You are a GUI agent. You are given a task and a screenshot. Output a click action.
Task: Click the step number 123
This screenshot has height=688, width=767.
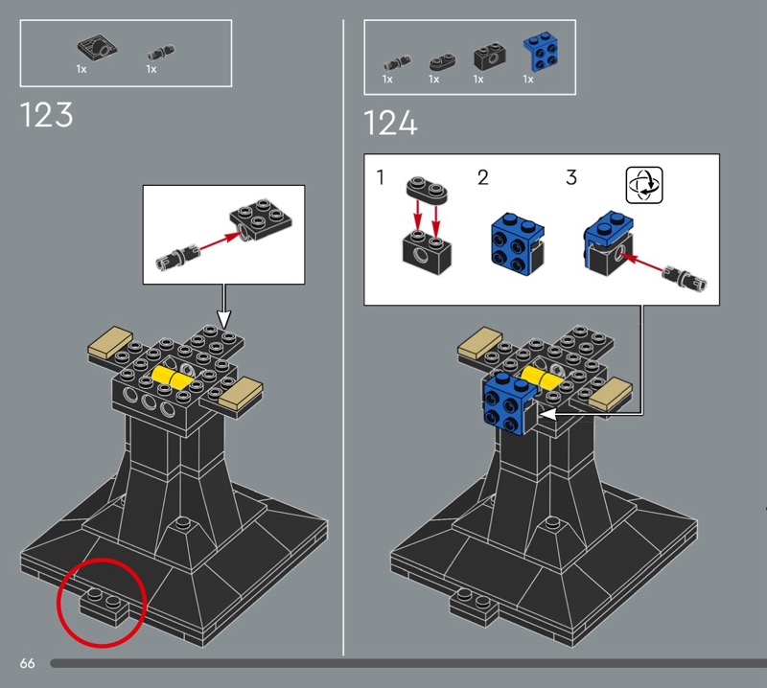click(46, 115)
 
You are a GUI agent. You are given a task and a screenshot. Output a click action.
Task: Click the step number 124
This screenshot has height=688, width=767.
click(390, 123)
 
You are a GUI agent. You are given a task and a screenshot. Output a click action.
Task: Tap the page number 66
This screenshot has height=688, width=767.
click(28, 663)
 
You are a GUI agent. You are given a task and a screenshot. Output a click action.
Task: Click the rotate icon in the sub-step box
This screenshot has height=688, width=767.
click(644, 185)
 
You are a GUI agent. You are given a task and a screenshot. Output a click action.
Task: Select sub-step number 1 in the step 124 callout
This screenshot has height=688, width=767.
click(381, 177)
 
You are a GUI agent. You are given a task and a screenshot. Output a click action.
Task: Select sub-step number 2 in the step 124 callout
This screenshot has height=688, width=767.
click(483, 177)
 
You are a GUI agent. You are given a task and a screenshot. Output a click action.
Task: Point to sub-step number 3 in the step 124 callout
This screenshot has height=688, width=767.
click(571, 177)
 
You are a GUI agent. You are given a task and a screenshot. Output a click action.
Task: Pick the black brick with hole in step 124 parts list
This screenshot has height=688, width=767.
click(489, 57)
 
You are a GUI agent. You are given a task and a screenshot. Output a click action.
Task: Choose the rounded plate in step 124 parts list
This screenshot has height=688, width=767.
click(442, 62)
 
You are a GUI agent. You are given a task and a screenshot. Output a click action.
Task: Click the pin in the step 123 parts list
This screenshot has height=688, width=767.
click(161, 52)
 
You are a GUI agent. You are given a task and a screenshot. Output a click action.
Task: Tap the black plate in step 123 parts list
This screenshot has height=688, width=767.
click(98, 48)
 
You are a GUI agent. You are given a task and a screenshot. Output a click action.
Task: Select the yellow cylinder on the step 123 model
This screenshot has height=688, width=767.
click(171, 378)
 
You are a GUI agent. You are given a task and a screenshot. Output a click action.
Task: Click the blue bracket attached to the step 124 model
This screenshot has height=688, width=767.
click(509, 403)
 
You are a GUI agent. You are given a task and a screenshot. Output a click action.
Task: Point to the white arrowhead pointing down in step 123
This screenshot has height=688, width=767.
click(223, 319)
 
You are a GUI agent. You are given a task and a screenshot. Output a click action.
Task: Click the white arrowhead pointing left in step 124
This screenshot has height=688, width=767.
click(547, 414)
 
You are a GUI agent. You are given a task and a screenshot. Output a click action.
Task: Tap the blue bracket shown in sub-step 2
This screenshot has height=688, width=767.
click(518, 244)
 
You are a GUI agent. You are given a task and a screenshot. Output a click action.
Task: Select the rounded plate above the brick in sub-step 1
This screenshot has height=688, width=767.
click(427, 189)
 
